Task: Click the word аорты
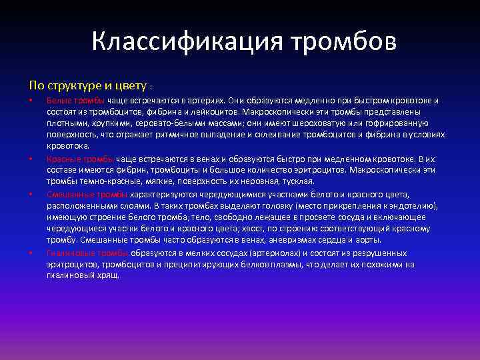(x=369, y=240)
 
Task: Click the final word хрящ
(x=109, y=275)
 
